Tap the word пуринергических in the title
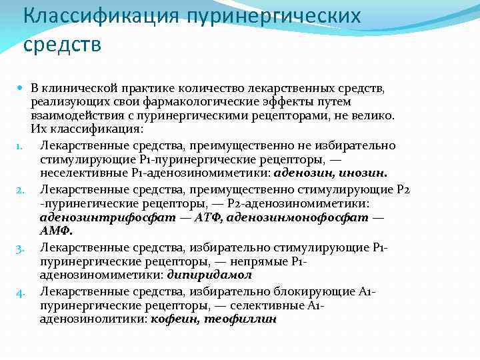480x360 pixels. tap(273, 16)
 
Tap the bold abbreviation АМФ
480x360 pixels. tap(56, 231)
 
